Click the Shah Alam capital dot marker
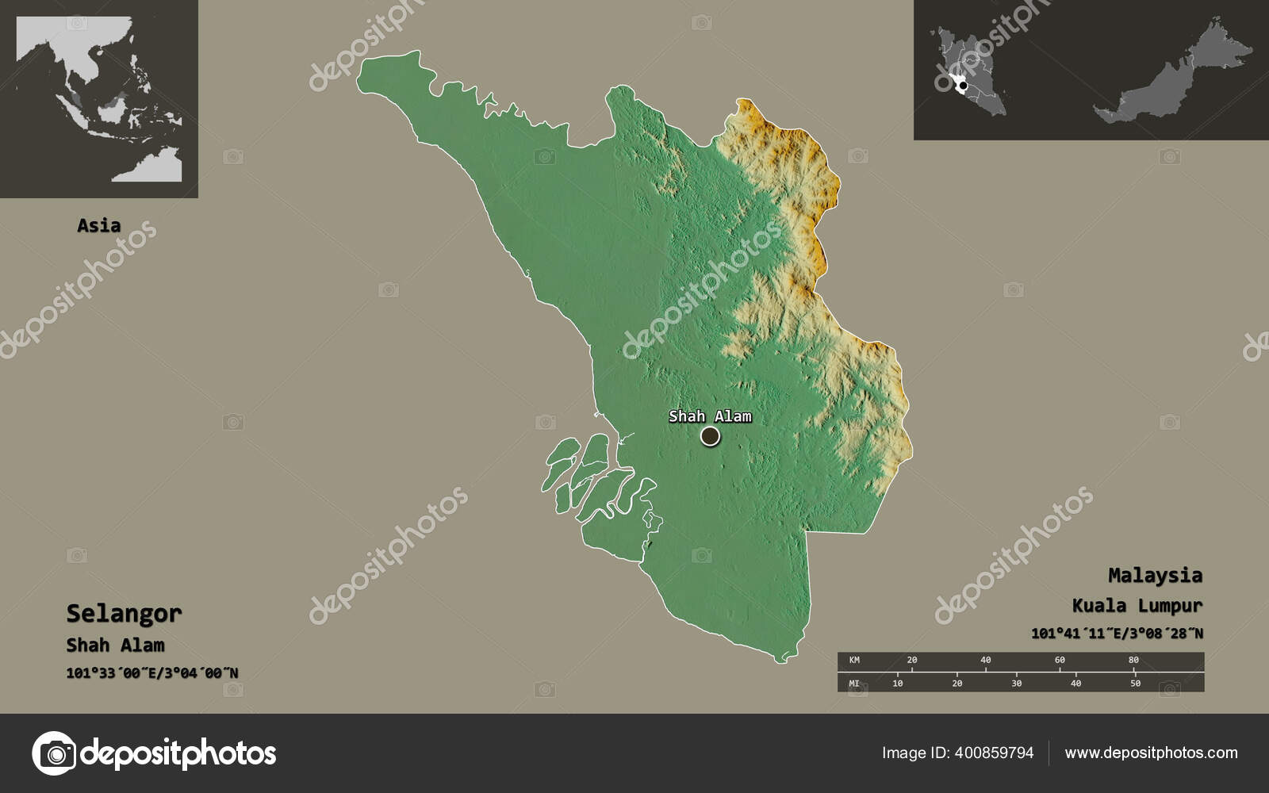click(x=710, y=435)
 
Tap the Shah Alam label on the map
click(x=710, y=416)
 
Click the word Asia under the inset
click(x=99, y=225)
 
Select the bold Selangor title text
click(x=124, y=613)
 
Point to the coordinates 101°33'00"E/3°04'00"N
click(x=151, y=673)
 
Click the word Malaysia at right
click(x=1155, y=575)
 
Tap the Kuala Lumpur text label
click(x=1137, y=606)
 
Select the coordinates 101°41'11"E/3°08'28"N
click(x=1116, y=634)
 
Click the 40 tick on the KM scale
click(x=985, y=660)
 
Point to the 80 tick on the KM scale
click(x=1133, y=660)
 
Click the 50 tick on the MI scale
click(x=1135, y=683)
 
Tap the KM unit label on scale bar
click(x=854, y=660)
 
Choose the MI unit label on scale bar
click(x=854, y=683)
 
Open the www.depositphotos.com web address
click(x=1151, y=753)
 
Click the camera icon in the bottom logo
click(x=54, y=753)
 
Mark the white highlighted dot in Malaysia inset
click(x=962, y=85)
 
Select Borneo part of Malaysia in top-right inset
click(x=1174, y=83)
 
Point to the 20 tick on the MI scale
click(x=957, y=683)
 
